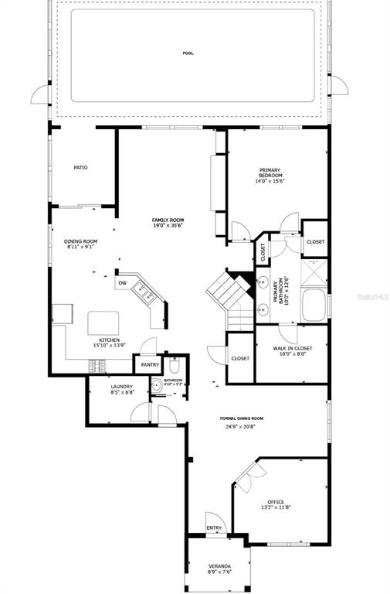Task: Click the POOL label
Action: point(188,53)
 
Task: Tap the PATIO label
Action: point(80,167)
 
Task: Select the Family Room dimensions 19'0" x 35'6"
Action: point(168,226)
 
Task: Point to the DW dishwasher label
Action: point(122,283)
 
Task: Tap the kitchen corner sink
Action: point(142,291)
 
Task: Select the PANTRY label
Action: point(149,364)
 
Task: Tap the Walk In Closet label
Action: point(293,348)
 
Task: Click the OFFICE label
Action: point(276,502)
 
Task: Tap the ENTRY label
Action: point(214,528)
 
